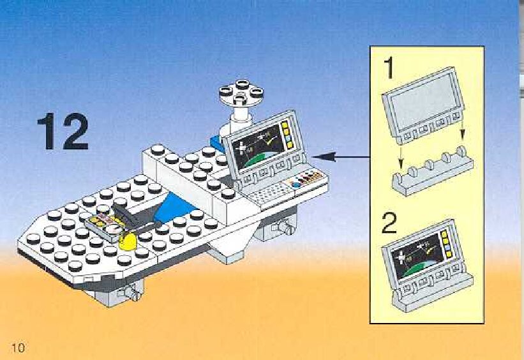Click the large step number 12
[x=63, y=132]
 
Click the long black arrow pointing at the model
[x=342, y=156]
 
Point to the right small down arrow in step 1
[x=464, y=135]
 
